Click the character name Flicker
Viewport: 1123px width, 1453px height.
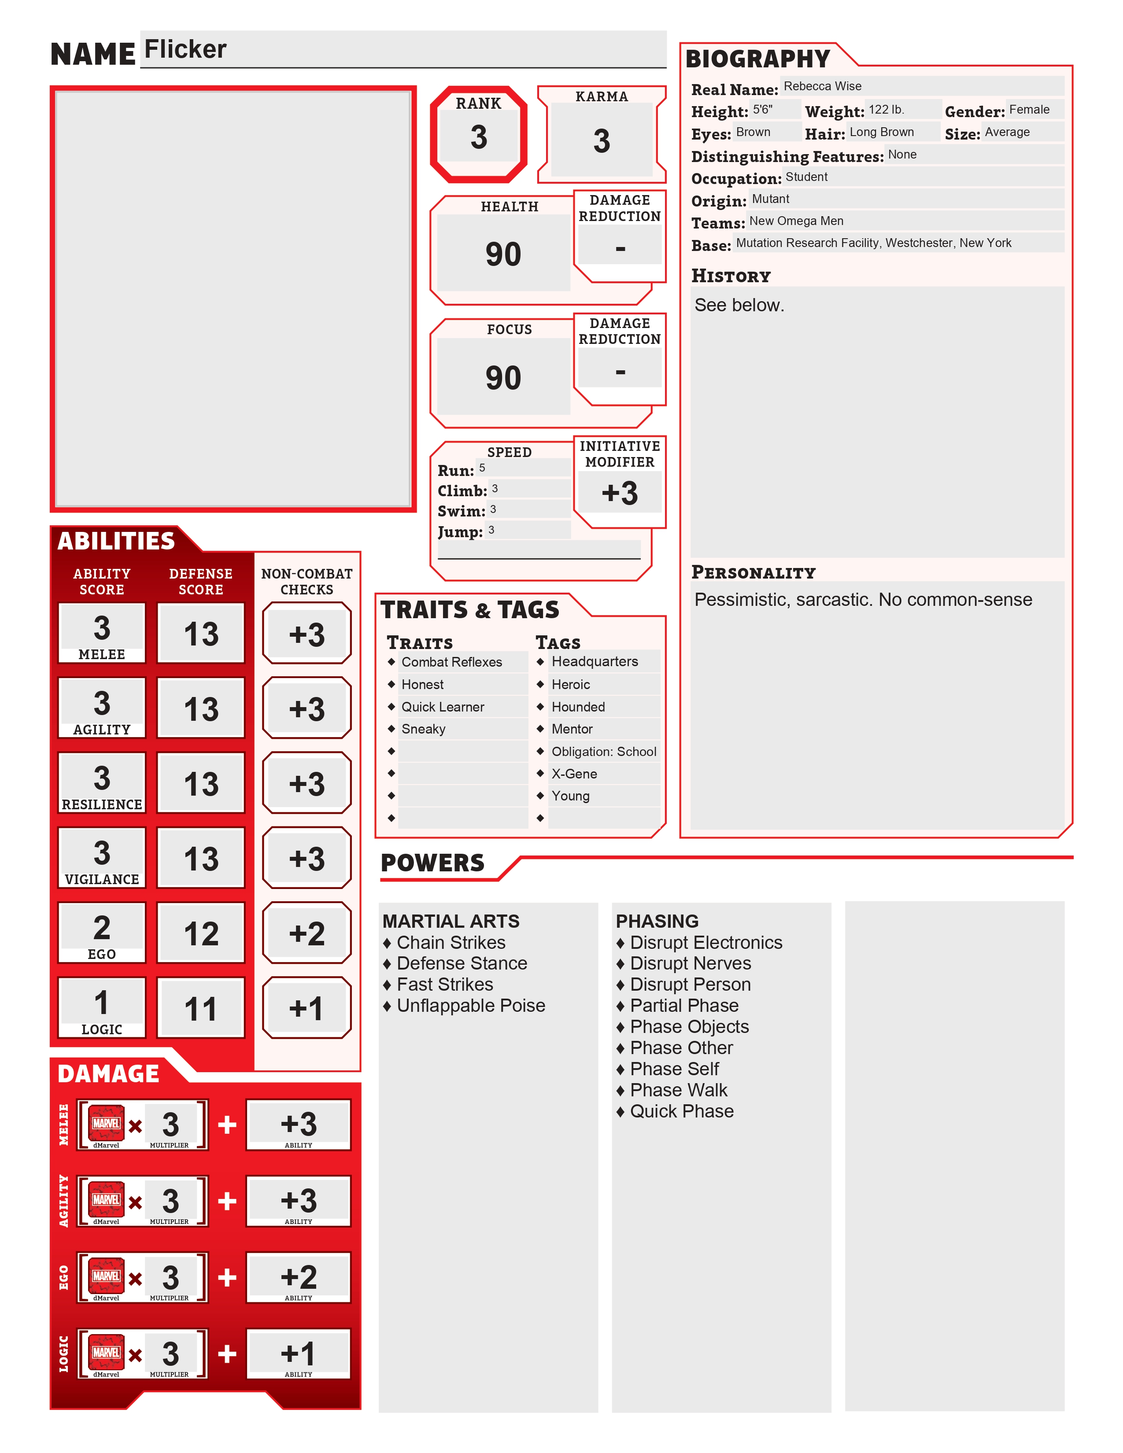(x=185, y=50)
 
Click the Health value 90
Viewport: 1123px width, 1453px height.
(x=503, y=254)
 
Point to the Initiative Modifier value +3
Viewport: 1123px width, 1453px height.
(x=619, y=494)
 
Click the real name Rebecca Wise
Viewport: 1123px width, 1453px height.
(x=822, y=86)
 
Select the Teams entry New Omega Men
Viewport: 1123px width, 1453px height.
(x=796, y=221)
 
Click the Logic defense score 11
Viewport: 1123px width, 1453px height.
(x=201, y=1009)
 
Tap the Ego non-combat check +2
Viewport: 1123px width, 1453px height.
(x=307, y=933)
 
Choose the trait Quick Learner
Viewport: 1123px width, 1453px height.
(x=443, y=707)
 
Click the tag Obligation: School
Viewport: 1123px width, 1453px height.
(x=603, y=752)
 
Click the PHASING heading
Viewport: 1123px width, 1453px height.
(x=657, y=922)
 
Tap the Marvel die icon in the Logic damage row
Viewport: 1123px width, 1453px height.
(x=107, y=1353)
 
